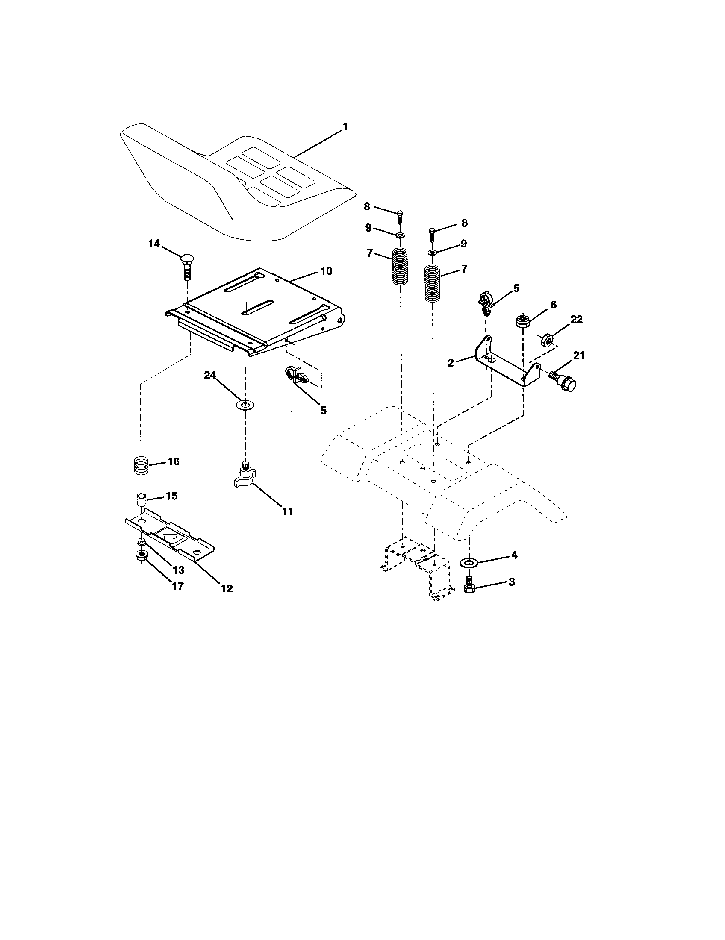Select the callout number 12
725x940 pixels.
[x=227, y=588]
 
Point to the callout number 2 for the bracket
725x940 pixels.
[x=451, y=363]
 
